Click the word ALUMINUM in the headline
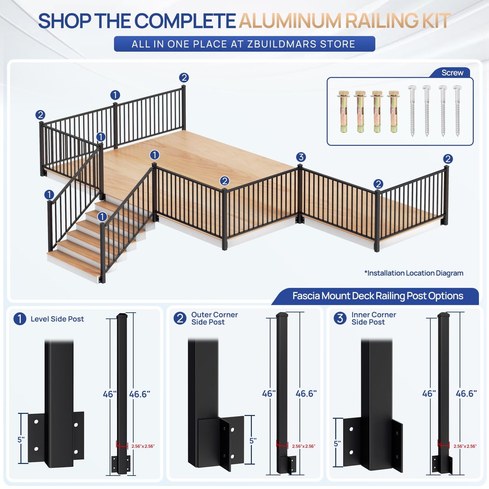point(290,21)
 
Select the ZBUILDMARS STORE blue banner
point(244,44)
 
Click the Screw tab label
point(452,73)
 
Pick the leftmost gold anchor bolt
point(344,112)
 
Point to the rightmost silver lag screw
point(458,111)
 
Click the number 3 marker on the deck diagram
point(301,157)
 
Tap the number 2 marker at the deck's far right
point(448,159)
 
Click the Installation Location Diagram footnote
point(414,273)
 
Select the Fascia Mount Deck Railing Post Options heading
point(378,296)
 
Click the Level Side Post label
point(57,319)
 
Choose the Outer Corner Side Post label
point(214,318)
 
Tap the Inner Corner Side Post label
point(374,318)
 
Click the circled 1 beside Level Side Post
point(20,319)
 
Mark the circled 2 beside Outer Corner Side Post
point(180,318)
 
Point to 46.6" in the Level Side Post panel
point(139,394)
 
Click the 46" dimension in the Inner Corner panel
point(429,394)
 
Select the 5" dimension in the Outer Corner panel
point(253,441)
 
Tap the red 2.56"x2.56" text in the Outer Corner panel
point(304,446)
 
